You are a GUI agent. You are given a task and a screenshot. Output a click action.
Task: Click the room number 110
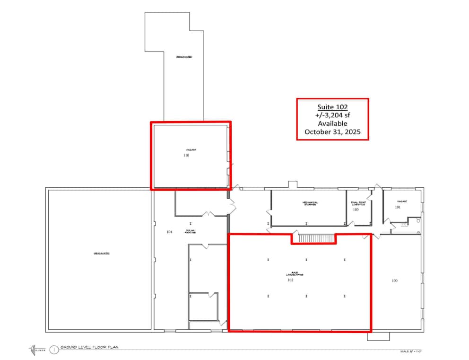click(x=186, y=155)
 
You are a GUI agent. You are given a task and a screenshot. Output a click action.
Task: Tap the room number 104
click(x=170, y=232)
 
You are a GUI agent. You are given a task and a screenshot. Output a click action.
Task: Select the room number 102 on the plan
click(x=290, y=280)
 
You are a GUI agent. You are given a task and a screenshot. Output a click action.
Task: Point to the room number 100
click(x=395, y=281)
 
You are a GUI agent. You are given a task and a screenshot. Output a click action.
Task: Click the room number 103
click(x=356, y=209)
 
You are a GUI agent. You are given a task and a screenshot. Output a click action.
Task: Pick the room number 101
click(x=398, y=207)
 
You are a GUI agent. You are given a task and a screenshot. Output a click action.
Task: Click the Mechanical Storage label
click(x=310, y=203)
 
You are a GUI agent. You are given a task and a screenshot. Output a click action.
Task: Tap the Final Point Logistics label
click(x=358, y=203)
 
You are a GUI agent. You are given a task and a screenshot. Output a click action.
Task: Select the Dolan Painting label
click(x=190, y=231)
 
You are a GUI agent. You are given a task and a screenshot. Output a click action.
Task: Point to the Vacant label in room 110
click(x=191, y=150)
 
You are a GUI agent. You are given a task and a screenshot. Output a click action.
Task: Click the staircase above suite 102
click(x=313, y=238)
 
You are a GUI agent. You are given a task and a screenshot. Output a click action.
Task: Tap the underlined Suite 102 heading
click(x=332, y=107)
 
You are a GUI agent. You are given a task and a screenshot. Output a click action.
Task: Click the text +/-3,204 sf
click(x=332, y=115)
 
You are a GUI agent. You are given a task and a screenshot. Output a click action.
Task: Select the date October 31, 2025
click(x=332, y=132)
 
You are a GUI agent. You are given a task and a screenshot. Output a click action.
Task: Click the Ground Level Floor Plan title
click(x=90, y=347)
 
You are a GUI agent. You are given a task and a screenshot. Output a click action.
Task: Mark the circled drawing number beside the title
click(x=54, y=350)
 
